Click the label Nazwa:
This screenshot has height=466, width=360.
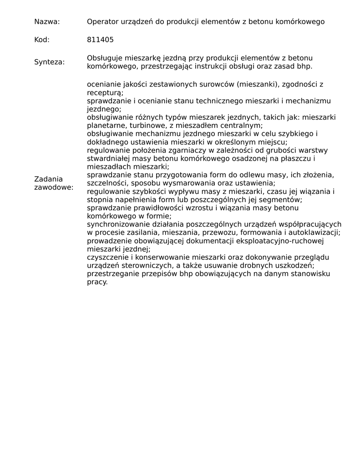tap(47, 22)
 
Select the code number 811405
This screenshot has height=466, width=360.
tap(100, 40)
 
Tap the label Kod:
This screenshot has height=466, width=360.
tap(42, 40)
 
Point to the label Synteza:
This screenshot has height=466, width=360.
tap(49, 62)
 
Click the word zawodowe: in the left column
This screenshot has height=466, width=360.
tap(54, 187)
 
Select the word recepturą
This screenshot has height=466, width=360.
tap(104, 93)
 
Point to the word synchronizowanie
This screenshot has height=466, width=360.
tap(116, 224)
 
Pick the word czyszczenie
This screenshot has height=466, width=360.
tap(108, 258)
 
